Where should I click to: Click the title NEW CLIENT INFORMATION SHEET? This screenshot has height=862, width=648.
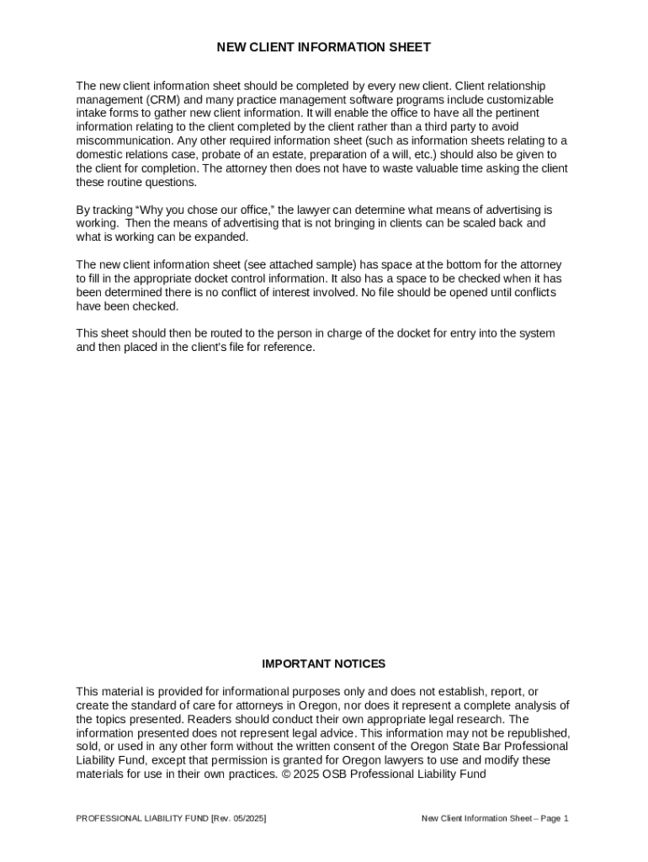324,48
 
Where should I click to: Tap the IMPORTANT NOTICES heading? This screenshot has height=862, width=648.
324,664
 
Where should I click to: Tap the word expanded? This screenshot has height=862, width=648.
223,237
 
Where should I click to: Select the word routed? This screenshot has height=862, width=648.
217,333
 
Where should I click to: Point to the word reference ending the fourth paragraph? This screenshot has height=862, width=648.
289,347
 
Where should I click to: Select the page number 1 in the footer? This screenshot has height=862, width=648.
566,818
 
